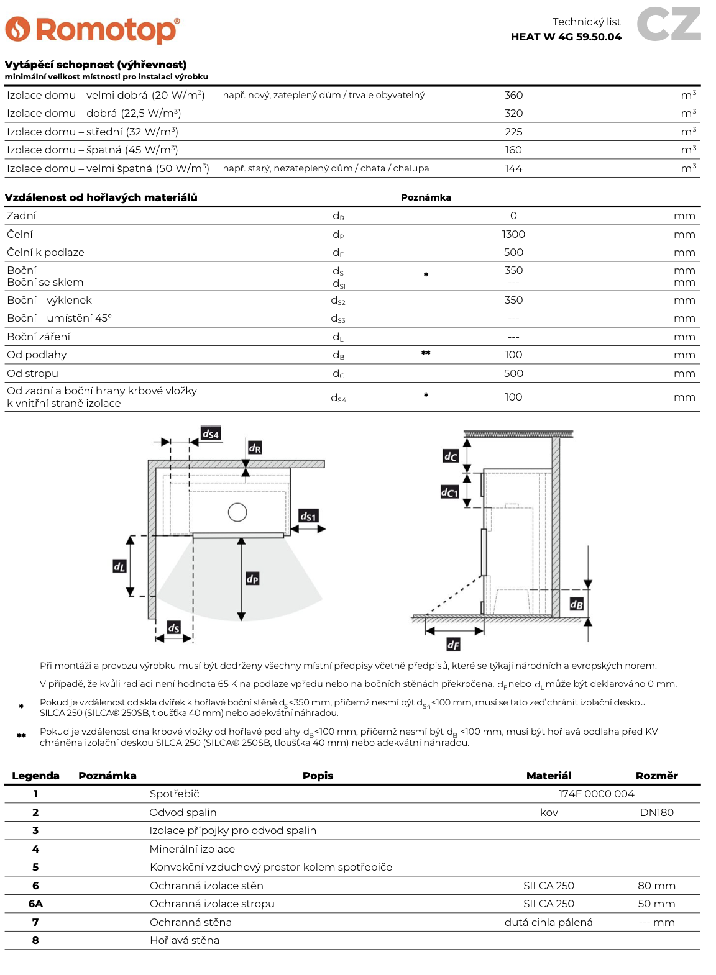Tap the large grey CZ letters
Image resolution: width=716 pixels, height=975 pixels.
[669, 25]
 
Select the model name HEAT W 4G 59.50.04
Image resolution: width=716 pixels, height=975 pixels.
[566, 37]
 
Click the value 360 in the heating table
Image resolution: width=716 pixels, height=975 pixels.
[513, 95]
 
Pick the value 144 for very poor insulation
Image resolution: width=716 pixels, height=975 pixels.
[513, 168]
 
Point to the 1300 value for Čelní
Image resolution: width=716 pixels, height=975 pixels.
[513, 234]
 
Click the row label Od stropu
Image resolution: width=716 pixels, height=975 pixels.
[32, 373]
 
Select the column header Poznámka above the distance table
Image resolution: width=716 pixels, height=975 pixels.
[426, 197]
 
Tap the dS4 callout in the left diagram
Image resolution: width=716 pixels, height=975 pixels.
[211, 433]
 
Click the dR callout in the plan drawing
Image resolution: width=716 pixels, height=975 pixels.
[255, 448]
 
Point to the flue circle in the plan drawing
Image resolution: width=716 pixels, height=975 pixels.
[237, 512]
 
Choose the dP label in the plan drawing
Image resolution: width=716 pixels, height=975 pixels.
[252, 579]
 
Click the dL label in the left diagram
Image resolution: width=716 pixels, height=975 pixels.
[119, 566]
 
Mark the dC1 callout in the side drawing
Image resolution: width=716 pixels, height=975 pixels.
[449, 492]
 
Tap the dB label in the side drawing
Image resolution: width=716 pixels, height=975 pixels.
[577, 604]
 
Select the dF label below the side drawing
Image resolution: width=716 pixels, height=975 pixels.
[454, 645]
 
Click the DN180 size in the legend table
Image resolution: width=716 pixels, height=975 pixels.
[656, 812]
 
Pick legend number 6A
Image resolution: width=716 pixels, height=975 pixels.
[35, 904]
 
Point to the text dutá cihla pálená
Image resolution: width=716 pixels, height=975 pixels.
[548, 922]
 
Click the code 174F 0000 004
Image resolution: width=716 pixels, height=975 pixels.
[596, 794]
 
